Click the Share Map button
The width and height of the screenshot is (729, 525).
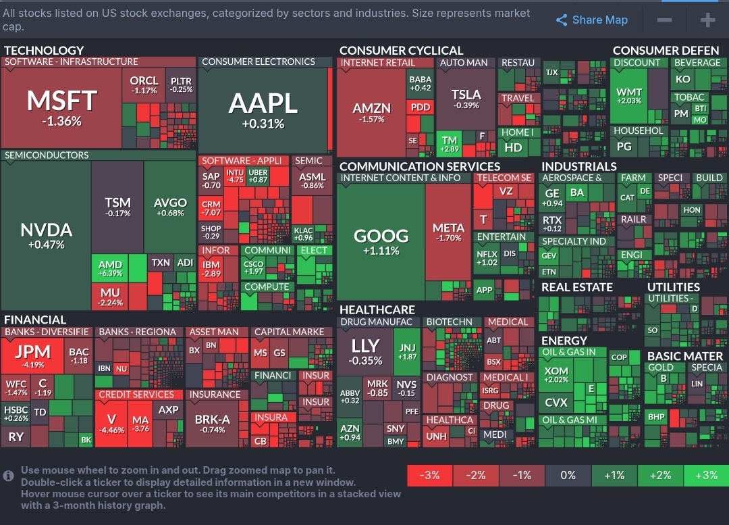point(592,20)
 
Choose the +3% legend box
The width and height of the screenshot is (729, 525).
point(706,475)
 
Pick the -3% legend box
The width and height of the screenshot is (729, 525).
point(430,475)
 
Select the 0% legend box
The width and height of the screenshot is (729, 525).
point(568,475)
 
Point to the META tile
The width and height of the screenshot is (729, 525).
point(448,232)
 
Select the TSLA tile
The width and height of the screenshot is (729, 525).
point(466,98)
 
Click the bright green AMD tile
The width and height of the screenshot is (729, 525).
point(110,268)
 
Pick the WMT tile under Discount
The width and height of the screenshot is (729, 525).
point(629,95)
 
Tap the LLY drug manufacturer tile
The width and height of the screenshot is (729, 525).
point(365,351)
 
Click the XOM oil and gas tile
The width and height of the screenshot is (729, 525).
point(556,374)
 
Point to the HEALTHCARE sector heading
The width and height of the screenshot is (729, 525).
point(377,309)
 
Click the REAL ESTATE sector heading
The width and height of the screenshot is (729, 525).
point(576,287)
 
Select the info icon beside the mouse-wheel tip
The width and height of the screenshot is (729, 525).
point(9,476)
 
